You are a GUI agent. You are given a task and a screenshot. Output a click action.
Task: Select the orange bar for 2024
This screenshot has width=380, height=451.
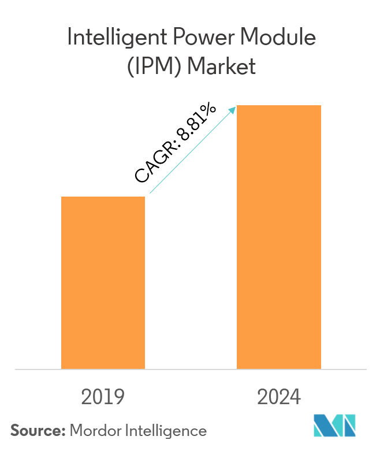click(x=279, y=237)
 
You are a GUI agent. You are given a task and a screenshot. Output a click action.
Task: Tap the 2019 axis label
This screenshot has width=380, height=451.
click(x=103, y=397)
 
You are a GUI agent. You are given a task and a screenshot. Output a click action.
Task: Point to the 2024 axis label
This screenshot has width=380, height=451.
click(x=279, y=397)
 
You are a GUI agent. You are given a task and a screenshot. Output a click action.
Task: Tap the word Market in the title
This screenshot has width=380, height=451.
click(x=222, y=67)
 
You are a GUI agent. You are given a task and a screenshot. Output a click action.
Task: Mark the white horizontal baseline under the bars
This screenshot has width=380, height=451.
click(x=190, y=369)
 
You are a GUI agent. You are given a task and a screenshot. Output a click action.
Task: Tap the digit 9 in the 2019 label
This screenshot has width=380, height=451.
click(x=119, y=397)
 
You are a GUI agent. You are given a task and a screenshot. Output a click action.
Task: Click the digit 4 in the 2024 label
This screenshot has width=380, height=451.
click(x=295, y=397)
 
